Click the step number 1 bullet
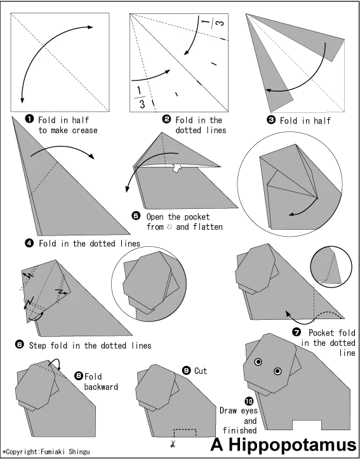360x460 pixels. click(29, 119)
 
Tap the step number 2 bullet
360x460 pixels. click(166, 119)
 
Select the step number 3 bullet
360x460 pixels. click(270, 120)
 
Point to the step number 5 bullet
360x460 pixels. click(136, 216)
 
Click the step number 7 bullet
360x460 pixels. click(297, 332)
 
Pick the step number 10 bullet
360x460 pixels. click(249, 401)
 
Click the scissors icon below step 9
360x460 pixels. click(172, 444)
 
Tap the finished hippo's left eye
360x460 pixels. click(258, 362)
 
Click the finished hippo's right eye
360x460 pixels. click(277, 371)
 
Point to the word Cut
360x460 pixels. click(201, 371)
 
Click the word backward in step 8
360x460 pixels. click(101, 386)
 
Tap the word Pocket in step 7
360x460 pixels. click(321, 332)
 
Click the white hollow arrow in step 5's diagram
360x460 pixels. click(177, 168)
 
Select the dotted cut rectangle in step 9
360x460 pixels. click(185, 433)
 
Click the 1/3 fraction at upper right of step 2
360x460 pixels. click(213, 22)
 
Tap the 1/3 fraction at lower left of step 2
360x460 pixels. click(140, 98)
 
